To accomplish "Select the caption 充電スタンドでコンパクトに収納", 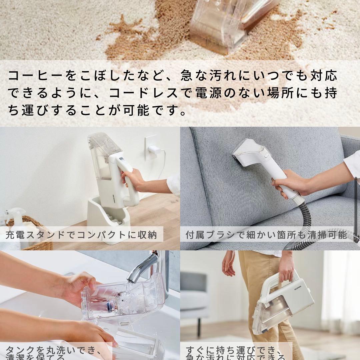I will pyautogui.click(x=81, y=235).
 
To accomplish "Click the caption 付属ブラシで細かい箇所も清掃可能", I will pyautogui.click(x=266, y=235).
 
